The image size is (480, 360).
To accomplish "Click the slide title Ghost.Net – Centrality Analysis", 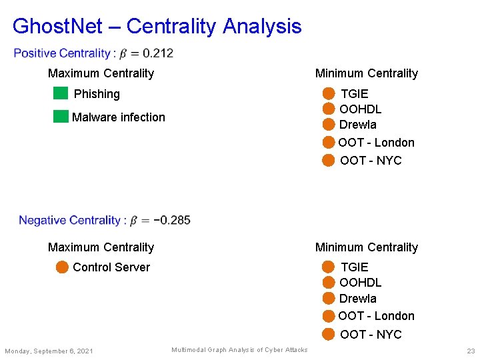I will pos(157,27).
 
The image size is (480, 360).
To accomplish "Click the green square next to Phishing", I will pos(61,93).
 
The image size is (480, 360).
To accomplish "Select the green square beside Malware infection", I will pos(61,117).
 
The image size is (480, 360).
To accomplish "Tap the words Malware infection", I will pos(118,117).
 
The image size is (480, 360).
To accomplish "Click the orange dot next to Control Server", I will pos(62,267).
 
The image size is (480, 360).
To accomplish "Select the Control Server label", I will pos(111,267).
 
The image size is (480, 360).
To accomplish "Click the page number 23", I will pos(470,351).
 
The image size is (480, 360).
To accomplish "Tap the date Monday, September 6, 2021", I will pos(49,351).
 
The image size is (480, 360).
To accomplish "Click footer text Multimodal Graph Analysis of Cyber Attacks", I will pos(239,350).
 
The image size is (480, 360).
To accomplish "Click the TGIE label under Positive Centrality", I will pos(354,94).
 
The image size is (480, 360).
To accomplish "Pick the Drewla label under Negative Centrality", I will pos(357,299).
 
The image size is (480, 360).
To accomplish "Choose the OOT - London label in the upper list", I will pos(376,143).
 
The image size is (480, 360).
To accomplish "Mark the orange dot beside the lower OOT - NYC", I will pos(329,334).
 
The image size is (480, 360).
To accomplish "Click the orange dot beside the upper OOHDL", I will pos(329,109).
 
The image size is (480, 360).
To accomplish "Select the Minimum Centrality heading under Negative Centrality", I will pos(366,247).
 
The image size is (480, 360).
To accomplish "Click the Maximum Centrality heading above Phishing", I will pos(101,73).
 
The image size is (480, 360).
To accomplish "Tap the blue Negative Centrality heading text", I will pos(69,220).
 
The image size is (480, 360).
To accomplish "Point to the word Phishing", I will pos(97,94).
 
